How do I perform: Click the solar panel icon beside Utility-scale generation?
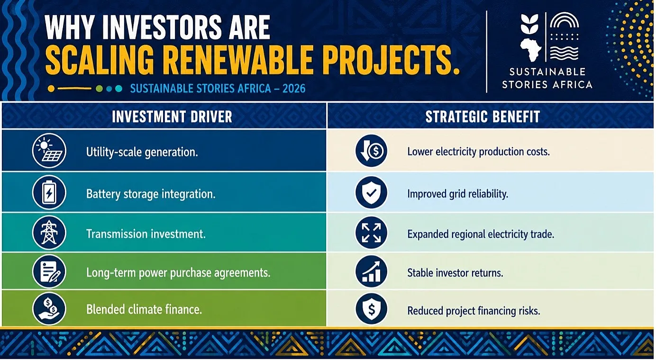pyautogui.click(x=49, y=151)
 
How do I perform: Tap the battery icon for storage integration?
pyautogui.click(x=49, y=192)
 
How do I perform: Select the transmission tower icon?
pyautogui.click(x=49, y=233)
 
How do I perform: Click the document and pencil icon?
pyautogui.click(x=49, y=271)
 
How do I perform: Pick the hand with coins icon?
pyautogui.click(x=49, y=309)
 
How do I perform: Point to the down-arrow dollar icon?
pyautogui.click(x=371, y=151)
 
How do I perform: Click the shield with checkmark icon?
pyautogui.click(x=371, y=192)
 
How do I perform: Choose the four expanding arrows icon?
pyautogui.click(x=371, y=233)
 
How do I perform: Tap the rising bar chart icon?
pyautogui.click(x=371, y=271)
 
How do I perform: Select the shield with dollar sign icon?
pyautogui.click(x=371, y=309)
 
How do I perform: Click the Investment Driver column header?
pyautogui.click(x=172, y=117)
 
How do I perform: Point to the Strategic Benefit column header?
pyautogui.click(x=483, y=117)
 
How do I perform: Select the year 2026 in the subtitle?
pyautogui.click(x=294, y=89)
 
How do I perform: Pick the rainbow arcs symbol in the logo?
pyautogui.click(x=565, y=20)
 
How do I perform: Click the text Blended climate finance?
pyautogui.click(x=144, y=309)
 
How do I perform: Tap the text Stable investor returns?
pyautogui.click(x=455, y=273)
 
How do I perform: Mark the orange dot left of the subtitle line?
pyautogui.click(x=51, y=89)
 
